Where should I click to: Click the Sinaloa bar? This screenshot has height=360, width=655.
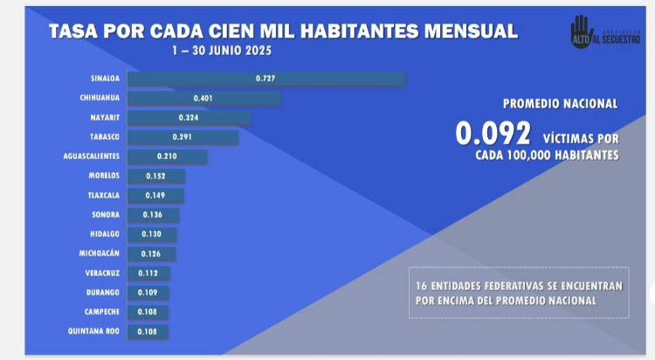click(x=265, y=79)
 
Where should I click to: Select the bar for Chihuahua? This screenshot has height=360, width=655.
click(x=203, y=98)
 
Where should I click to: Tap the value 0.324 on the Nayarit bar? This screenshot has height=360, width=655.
click(x=188, y=117)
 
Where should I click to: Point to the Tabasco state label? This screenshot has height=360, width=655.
click(x=104, y=137)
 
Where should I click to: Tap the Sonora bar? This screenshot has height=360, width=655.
click(x=153, y=215)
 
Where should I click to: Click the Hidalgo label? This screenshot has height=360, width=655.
click(x=105, y=234)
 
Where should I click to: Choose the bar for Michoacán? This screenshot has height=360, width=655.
click(x=151, y=253)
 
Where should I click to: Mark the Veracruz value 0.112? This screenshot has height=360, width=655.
click(x=149, y=273)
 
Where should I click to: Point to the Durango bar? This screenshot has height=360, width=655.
click(x=148, y=293)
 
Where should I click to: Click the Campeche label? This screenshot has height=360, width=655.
click(x=103, y=312)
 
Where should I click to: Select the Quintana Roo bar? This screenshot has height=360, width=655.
click(x=148, y=331)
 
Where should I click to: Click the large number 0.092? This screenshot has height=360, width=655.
click(x=493, y=133)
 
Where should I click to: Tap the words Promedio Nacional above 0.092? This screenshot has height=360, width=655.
click(x=560, y=103)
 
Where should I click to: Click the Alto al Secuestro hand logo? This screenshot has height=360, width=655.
click(x=582, y=29)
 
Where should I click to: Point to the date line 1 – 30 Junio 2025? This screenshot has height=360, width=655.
click(x=222, y=51)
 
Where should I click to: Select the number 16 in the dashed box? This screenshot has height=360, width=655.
click(x=423, y=286)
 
